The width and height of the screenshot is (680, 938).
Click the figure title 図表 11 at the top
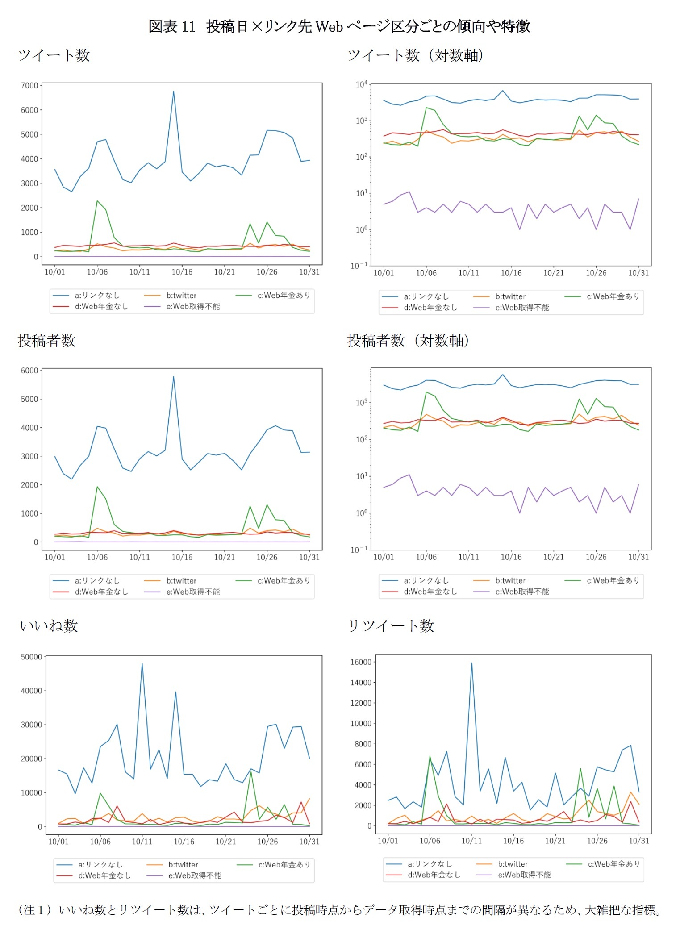[x=171, y=27]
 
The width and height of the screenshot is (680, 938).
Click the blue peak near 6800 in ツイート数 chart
[x=174, y=92]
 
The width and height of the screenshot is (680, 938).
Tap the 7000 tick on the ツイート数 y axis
[x=29, y=86]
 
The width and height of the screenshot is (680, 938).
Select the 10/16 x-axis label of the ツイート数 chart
[x=182, y=272]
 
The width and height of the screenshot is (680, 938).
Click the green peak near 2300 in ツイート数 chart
[x=97, y=201]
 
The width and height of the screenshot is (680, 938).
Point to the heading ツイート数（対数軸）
[x=415, y=56]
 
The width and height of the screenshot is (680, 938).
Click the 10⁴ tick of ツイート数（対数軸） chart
[x=361, y=84]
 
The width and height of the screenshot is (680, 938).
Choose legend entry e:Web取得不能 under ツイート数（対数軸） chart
[x=522, y=308]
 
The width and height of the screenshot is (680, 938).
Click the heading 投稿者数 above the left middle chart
[x=46, y=341]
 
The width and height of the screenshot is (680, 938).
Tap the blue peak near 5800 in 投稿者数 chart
[x=174, y=376]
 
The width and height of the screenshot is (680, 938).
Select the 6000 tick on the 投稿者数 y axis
[x=29, y=371]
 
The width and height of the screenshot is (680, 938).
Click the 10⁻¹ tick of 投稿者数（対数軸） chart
[x=359, y=550]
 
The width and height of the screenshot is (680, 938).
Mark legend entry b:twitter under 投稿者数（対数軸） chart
[x=510, y=580]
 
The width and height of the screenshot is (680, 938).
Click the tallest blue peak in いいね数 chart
[x=142, y=663]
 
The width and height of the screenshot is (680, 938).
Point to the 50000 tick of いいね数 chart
[x=31, y=657]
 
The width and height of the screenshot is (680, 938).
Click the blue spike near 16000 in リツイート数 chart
[x=471, y=663]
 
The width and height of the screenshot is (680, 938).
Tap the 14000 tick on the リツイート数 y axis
[x=361, y=683]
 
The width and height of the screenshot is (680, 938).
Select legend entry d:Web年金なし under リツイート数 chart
[x=434, y=875]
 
